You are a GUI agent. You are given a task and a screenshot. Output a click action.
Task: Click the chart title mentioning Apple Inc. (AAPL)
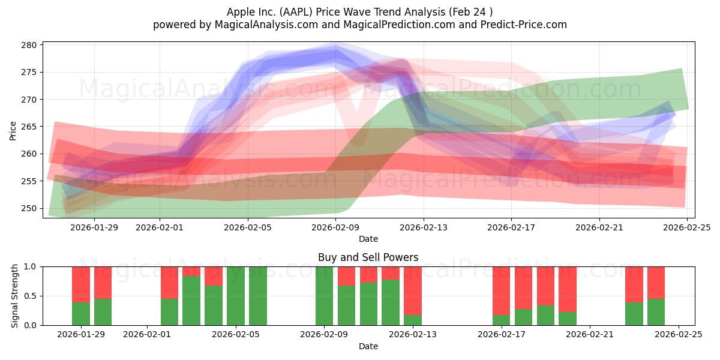coord(359,12)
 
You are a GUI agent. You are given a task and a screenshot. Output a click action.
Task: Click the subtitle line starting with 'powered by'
coord(359,25)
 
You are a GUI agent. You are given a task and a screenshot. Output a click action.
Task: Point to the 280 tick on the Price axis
coord(31,45)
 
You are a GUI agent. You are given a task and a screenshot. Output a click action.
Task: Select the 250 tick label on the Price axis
coord(31,208)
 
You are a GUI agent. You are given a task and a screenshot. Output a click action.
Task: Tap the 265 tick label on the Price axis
coord(31,127)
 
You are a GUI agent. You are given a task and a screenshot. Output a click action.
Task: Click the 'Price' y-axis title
coord(13,130)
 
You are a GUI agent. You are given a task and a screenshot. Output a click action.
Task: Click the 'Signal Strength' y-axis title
coord(15,296)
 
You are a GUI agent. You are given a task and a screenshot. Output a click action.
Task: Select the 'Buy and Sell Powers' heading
coord(368,257)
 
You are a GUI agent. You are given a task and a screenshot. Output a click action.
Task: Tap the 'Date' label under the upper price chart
coord(368,239)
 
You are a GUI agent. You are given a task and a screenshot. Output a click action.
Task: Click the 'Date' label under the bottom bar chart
coord(368,346)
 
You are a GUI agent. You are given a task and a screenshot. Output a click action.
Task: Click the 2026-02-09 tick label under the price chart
coord(335,227)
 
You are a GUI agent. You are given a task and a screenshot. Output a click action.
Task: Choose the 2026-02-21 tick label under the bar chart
coord(590,335)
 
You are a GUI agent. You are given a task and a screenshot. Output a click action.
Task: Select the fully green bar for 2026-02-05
coord(236,296)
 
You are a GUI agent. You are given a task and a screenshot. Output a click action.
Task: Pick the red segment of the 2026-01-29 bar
coord(81,284)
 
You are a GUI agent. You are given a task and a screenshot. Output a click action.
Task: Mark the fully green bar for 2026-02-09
coord(325,296)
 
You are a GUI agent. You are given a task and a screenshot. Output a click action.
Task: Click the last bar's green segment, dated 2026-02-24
coord(656,312)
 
